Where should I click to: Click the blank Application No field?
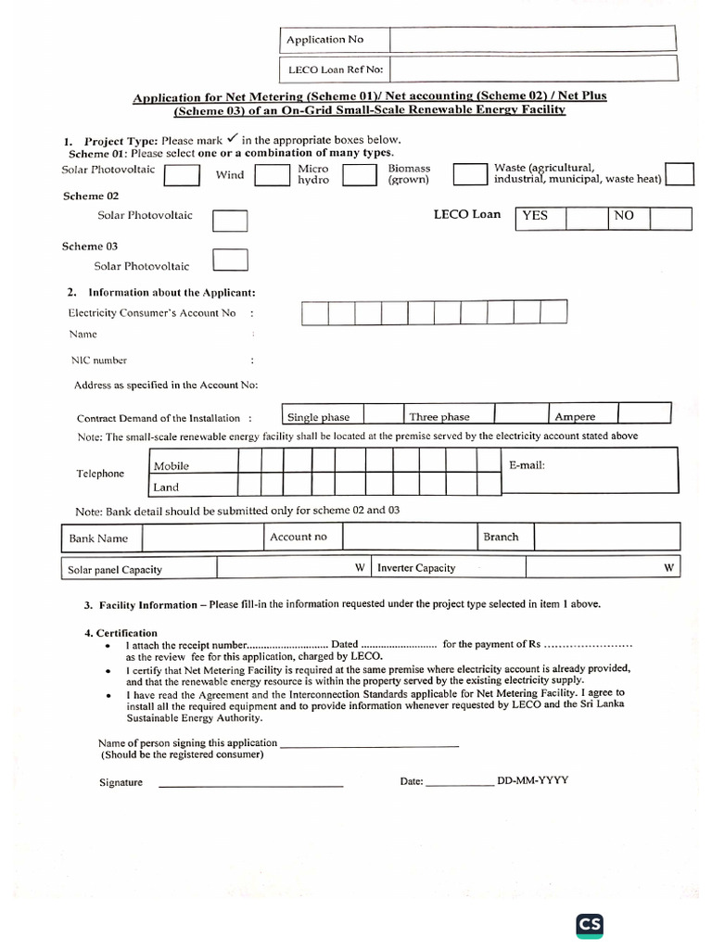533,40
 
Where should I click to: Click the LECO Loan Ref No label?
335,69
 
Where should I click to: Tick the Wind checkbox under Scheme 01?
272,175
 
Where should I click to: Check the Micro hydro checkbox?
359,175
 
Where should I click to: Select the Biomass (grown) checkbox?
470,174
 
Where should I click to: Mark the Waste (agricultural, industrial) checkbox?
680,174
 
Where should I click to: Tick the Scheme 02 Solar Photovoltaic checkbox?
230,220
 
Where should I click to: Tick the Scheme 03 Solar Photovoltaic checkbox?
230,260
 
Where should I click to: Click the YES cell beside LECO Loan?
540,217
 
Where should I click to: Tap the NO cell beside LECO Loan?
629,217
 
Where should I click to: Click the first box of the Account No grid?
314,313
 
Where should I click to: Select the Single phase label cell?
322,416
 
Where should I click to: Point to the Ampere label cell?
583,415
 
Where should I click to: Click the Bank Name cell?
99,538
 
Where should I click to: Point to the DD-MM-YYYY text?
533,780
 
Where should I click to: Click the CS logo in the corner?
590,924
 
